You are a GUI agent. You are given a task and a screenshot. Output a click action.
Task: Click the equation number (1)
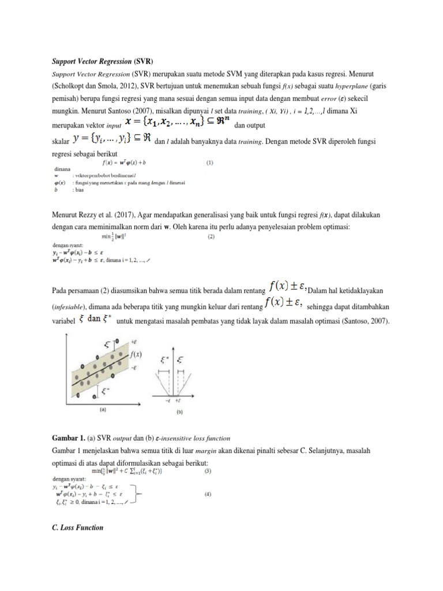(x=211, y=163)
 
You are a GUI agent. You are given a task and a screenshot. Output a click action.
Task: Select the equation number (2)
(x=211, y=236)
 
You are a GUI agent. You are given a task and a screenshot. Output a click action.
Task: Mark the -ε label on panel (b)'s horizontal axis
(x=167, y=400)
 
